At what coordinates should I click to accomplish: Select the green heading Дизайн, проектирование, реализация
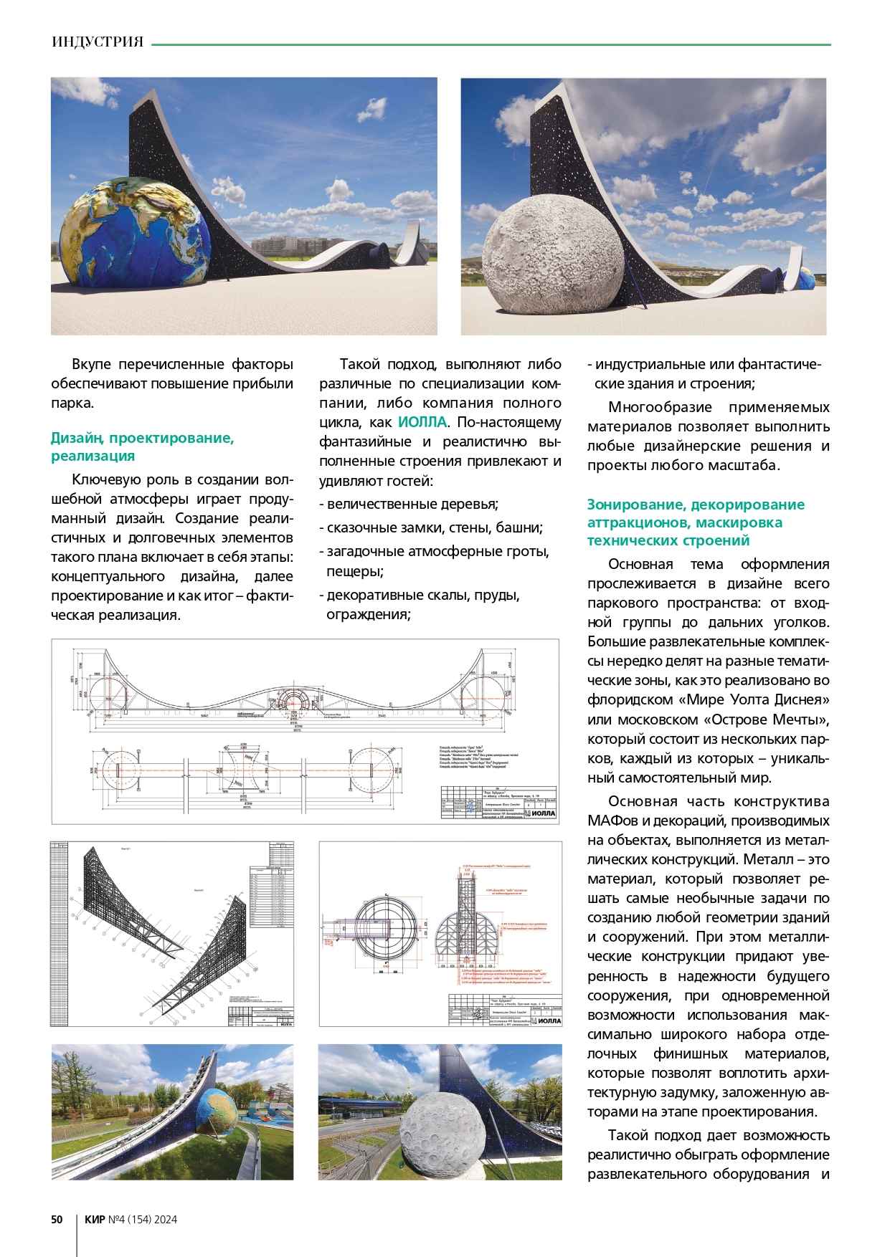(142, 446)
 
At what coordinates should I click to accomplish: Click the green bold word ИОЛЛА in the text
(422, 422)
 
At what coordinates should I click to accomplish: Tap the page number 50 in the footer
(57, 1220)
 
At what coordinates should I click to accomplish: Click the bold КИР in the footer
(95, 1220)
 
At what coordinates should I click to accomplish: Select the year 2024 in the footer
(164, 1220)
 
